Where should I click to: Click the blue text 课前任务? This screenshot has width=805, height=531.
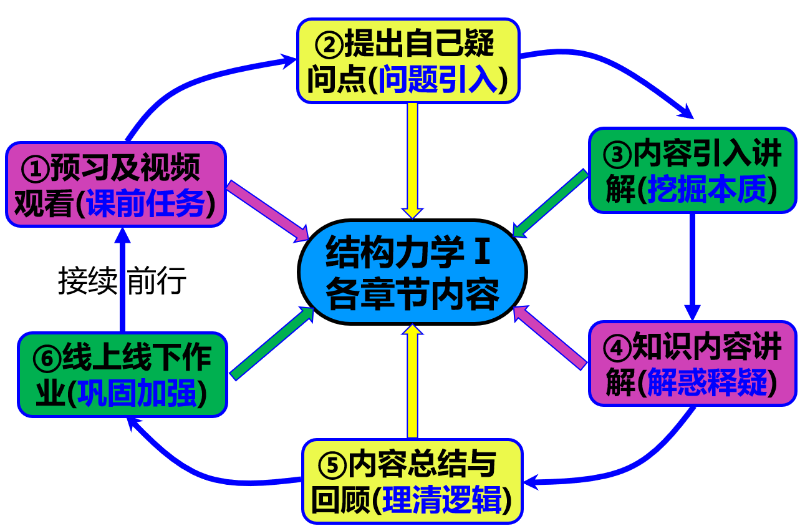(x=147, y=203)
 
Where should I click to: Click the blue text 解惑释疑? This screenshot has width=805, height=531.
(x=708, y=382)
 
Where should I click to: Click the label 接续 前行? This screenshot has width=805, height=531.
(x=122, y=281)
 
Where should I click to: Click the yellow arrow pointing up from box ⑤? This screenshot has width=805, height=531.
(x=412, y=381)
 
